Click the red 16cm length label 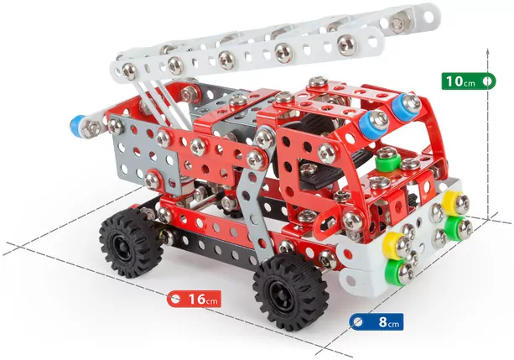coord(195,299)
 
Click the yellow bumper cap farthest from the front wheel coord(454,203)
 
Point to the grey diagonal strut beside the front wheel coord(252,210)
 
